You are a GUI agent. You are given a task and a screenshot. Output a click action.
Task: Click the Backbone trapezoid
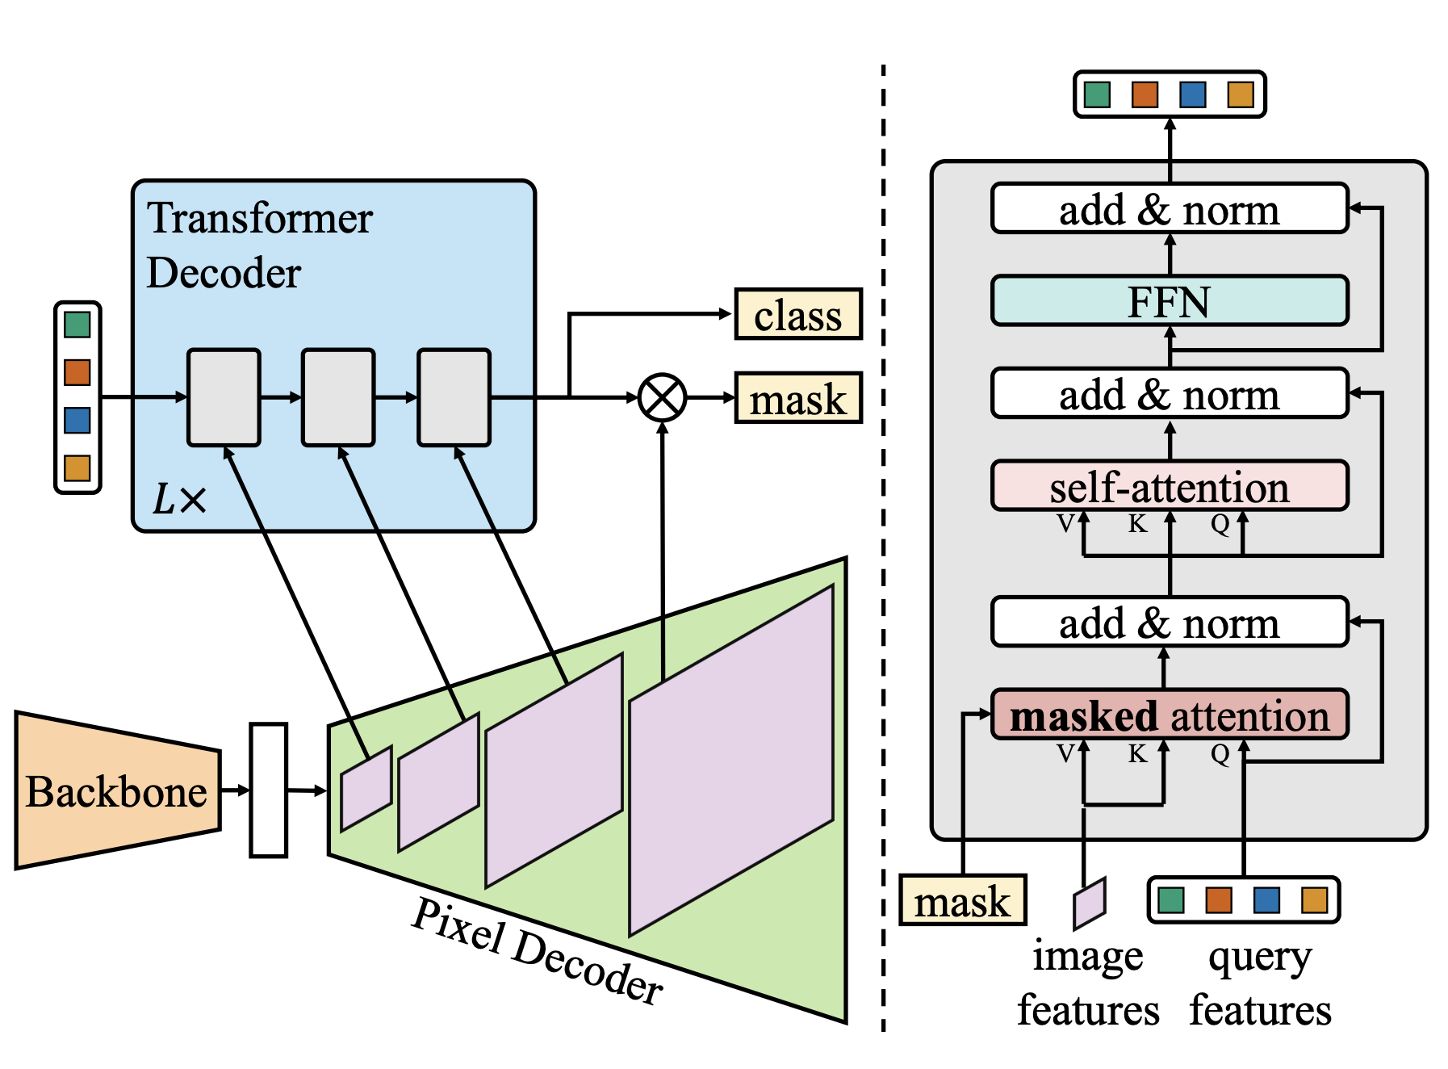[117, 790]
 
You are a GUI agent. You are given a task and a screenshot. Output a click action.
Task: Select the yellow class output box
[797, 314]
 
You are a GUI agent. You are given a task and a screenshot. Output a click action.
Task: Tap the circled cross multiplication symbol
[662, 397]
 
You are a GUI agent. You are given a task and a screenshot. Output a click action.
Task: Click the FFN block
[1169, 301]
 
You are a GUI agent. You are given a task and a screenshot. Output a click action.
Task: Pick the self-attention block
[1169, 486]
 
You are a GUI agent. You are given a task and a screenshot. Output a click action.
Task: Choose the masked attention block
[1169, 715]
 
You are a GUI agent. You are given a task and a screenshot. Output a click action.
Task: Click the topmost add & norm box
[1169, 209]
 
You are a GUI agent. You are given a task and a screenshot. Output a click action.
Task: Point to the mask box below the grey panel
[962, 899]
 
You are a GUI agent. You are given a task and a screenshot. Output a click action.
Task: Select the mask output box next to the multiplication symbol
[797, 398]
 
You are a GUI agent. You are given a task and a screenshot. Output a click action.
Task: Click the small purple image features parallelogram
[1089, 903]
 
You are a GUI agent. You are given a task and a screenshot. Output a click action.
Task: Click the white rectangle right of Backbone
[268, 790]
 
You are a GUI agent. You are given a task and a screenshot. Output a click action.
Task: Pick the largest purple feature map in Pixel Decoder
[730, 759]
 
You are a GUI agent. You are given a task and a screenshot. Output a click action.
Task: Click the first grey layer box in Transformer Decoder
[224, 397]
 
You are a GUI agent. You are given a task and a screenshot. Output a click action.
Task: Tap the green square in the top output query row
[1097, 94]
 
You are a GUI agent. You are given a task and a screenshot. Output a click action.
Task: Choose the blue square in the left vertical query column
[77, 421]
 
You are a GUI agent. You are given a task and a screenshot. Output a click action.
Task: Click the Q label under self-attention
[1220, 525]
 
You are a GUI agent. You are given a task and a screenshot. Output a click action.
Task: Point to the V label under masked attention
[1065, 754]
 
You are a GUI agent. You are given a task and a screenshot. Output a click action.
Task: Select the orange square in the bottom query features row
[1219, 899]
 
